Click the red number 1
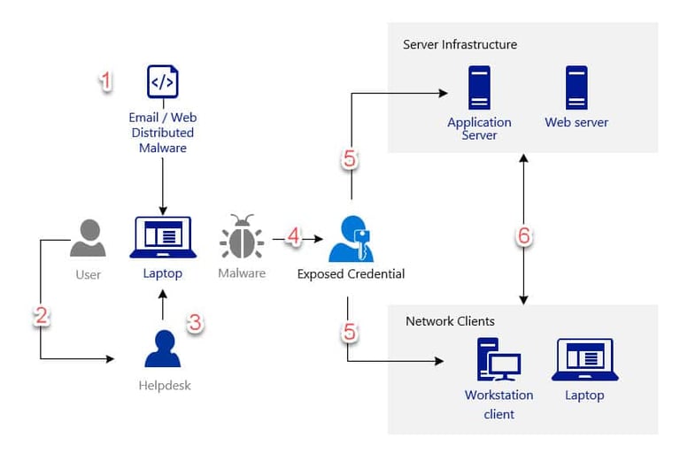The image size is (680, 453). [x=106, y=82]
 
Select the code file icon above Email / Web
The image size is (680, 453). [x=163, y=82]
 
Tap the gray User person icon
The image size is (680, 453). [x=88, y=238]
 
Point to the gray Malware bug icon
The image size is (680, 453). [x=242, y=237]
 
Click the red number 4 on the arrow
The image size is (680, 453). [x=293, y=237]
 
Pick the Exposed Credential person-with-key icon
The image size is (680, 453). [x=350, y=238]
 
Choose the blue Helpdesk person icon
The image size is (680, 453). [x=163, y=349]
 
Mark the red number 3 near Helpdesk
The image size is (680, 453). [x=195, y=324]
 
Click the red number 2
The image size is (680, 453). [x=41, y=317]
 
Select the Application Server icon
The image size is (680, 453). [x=479, y=88]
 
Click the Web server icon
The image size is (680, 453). [x=576, y=88]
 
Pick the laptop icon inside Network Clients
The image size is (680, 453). [x=584, y=360]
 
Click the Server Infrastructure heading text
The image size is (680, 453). [x=460, y=44]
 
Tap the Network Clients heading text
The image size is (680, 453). [x=450, y=321]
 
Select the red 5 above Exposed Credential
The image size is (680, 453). [x=351, y=159]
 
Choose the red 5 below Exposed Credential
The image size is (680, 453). [x=351, y=332]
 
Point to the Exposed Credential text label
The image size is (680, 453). [x=351, y=274]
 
